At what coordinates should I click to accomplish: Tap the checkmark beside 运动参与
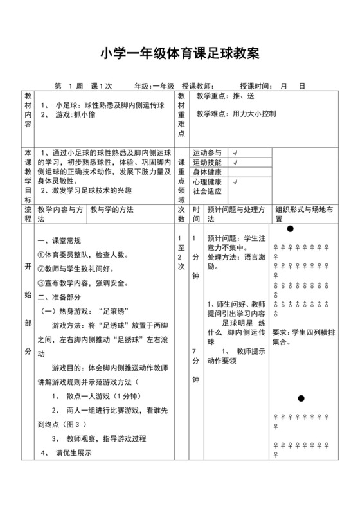pyautogui.click(x=235, y=153)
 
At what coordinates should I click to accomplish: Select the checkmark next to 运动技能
pyautogui.click(x=235, y=163)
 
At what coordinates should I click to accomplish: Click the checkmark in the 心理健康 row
pyautogui.click(x=235, y=182)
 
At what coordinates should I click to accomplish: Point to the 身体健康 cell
pyautogui.click(x=207, y=172)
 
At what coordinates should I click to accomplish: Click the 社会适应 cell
pyautogui.click(x=207, y=192)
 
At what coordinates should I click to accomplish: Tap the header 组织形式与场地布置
pyautogui.click(x=303, y=214)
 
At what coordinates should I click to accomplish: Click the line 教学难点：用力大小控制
pyautogui.click(x=236, y=114)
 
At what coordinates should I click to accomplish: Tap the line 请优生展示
pyautogui.click(x=74, y=452)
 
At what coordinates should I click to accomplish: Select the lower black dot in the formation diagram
pyautogui.click(x=301, y=398)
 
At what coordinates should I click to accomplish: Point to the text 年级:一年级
pyautogui.click(x=154, y=85)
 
